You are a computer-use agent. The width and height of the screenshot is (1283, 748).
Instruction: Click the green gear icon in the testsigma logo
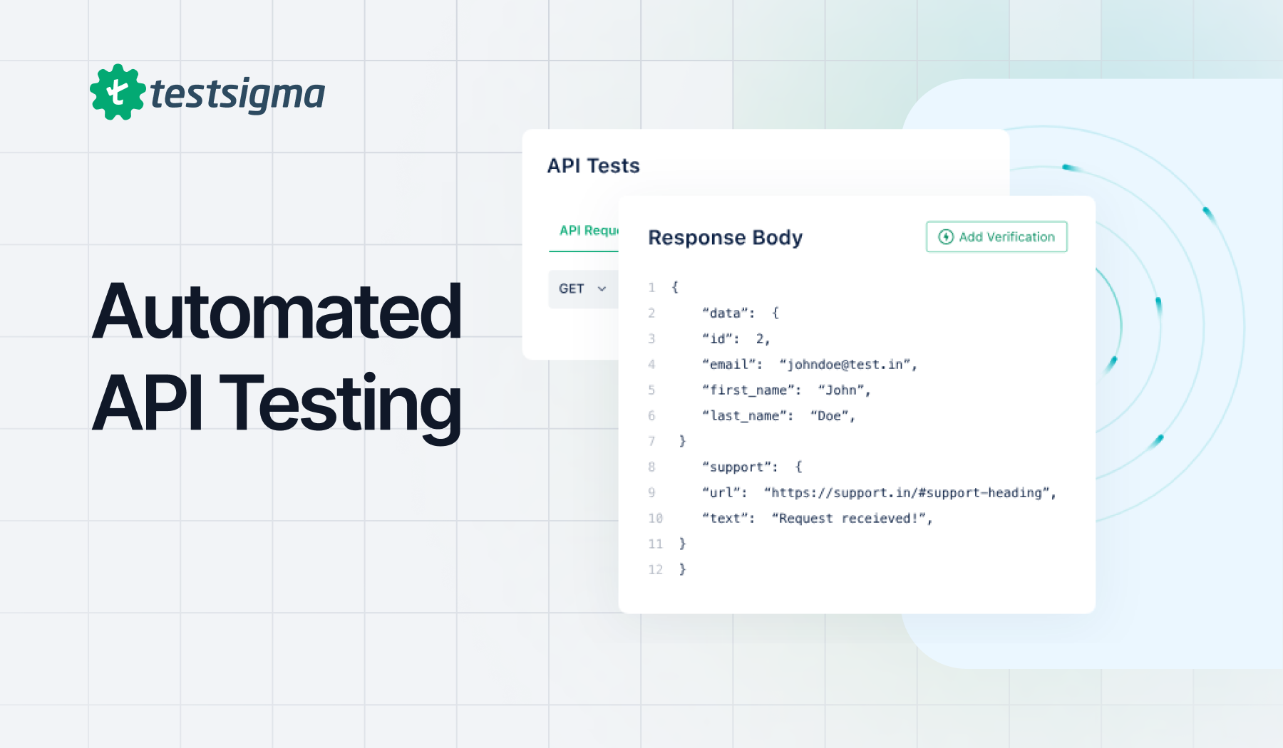coord(118,93)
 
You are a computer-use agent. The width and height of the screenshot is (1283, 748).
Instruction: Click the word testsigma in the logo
coord(237,94)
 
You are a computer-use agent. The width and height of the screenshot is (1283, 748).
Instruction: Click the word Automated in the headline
coord(277,311)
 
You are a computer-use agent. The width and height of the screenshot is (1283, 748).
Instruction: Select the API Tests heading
coord(593,166)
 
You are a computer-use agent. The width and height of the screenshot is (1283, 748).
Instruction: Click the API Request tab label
coord(589,231)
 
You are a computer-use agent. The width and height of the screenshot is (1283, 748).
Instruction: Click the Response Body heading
coord(725,237)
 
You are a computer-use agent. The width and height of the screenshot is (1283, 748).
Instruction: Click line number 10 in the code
coord(655,519)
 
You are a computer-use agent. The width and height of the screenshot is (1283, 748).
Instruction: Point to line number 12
coord(655,570)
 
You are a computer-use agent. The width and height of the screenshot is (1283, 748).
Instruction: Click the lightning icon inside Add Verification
coord(946,237)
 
